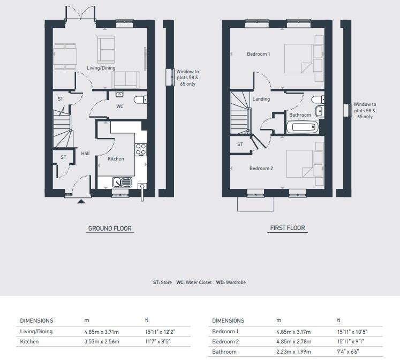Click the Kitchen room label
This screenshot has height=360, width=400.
pos(116,159)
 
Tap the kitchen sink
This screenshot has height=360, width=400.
pos(123,182)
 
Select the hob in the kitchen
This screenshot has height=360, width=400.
pos(141,149)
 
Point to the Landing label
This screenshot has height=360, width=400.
pos(262,99)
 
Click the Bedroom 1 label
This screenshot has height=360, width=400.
pos(258,54)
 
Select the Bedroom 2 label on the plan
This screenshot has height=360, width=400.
pos(261,168)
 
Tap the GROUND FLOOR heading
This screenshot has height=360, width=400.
pos(110,228)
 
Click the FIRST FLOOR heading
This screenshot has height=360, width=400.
pos(287,228)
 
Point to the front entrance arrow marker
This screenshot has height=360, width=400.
pos(81,202)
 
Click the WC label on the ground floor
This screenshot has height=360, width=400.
pos(120,106)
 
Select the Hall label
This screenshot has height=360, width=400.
pos(85,154)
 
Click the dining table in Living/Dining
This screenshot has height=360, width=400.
pos(65,56)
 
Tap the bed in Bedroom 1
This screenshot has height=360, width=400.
pos(303,58)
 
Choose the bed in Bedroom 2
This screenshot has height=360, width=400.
pos(304,163)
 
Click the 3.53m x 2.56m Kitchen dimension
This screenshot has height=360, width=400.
pos(102,341)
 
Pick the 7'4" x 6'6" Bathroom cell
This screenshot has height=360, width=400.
pos(349,351)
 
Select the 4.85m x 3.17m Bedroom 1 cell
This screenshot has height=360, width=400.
pos(293,331)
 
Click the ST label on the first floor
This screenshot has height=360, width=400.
pos(240,144)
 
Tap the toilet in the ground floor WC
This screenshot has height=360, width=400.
pos(140,99)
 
